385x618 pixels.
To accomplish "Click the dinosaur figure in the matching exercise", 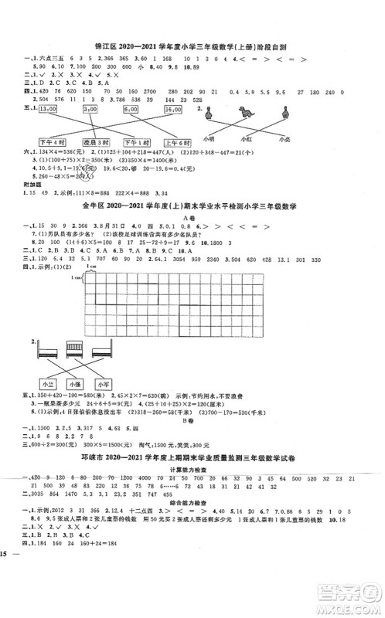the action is pyautogui.click(x=246, y=112).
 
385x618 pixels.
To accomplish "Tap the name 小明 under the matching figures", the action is pyautogui.click(x=207, y=140).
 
